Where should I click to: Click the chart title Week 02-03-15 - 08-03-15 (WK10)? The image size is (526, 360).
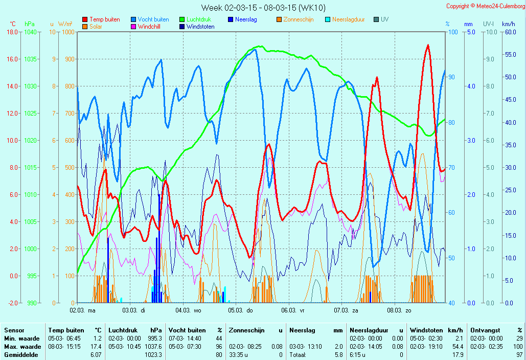point(263,7)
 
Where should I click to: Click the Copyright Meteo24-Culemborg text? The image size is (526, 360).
point(486,6)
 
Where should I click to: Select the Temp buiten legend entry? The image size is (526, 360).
point(101,19)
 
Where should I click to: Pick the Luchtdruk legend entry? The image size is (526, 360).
point(195,19)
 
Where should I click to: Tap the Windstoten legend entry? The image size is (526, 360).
point(197,27)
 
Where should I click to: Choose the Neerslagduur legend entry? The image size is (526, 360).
point(345,19)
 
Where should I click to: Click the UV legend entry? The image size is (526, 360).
point(381,19)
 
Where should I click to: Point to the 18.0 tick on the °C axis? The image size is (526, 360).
point(12,32)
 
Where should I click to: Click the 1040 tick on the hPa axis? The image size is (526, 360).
point(31,32)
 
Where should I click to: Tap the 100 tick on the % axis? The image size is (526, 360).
point(453,32)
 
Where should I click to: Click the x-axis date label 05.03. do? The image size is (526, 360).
point(241,310)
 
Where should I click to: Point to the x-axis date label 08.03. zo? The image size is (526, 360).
point(399,310)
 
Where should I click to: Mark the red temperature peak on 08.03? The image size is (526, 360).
point(428,45)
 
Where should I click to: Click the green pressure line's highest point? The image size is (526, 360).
point(260,47)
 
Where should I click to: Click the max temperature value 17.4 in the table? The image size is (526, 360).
point(96,347)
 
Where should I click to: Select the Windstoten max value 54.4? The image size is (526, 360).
point(458,347)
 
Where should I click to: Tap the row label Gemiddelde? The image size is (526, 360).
point(21,355)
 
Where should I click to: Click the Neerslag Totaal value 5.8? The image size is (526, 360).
point(339,355)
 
